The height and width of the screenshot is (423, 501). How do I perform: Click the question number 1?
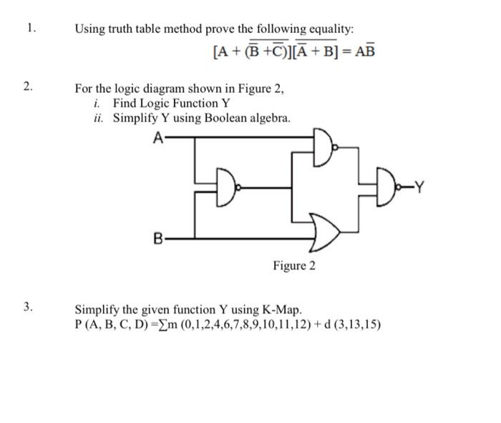(x=29, y=29)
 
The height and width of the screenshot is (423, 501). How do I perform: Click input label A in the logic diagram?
(x=158, y=139)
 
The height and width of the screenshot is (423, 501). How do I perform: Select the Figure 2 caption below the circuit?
(x=293, y=266)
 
